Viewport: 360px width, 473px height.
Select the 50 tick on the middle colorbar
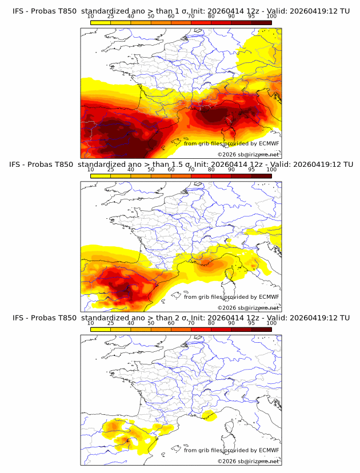tap(151, 169)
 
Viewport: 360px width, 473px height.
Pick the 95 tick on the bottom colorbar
tap(251, 322)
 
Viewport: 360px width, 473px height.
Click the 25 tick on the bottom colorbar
tap(111, 322)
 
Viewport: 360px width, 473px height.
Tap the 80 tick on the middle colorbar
tap(211, 169)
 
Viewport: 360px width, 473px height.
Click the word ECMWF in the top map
tap(269, 143)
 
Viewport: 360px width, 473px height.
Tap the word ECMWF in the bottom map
tap(269, 450)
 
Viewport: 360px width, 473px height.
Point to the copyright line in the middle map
tap(248, 307)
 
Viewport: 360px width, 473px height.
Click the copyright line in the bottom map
tap(248, 460)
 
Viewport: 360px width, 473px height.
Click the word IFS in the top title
tap(18, 11)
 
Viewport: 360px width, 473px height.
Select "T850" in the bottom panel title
tap(63, 318)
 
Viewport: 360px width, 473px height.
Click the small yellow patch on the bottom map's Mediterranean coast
tap(209, 415)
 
